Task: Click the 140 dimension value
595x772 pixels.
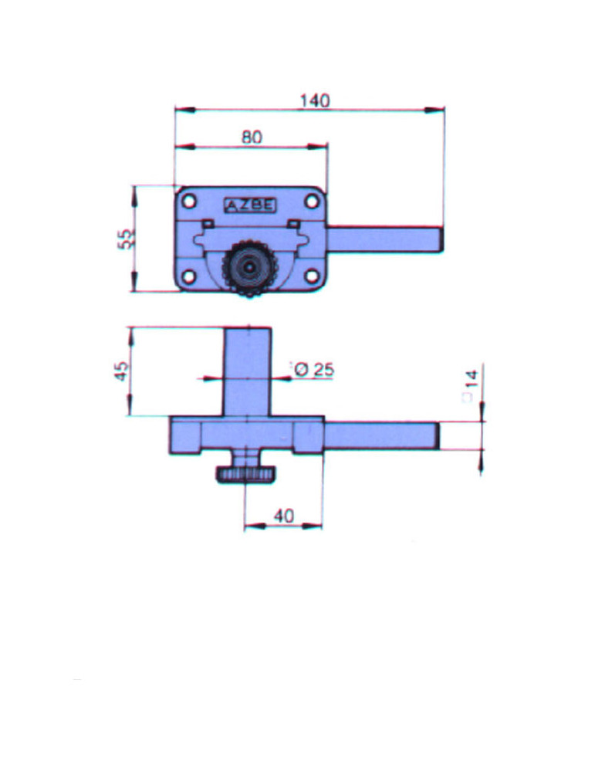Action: tap(315, 100)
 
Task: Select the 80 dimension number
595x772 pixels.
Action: tap(252, 137)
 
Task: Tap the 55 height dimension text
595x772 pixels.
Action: tap(126, 239)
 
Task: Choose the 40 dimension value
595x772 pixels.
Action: tap(284, 516)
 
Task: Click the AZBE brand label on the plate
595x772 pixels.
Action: tap(250, 205)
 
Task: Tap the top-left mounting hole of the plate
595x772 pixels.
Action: tap(188, 201)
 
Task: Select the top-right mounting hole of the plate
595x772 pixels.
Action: tap(312, 201)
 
